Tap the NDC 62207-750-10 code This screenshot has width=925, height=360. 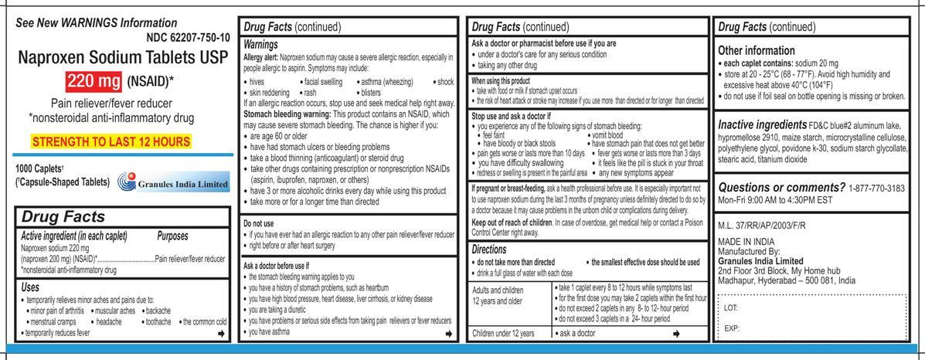(x=187, y=38)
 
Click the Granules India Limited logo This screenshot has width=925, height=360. (x=173, y=184)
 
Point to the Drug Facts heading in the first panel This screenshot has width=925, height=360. (x=63, y=218)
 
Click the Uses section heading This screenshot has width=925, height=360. (x=34, y=287)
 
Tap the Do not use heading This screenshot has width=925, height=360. (x=259, y=223)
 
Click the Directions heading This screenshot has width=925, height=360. (x=495, y=249)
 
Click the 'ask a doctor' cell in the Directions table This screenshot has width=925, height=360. (x=576, y=333)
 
